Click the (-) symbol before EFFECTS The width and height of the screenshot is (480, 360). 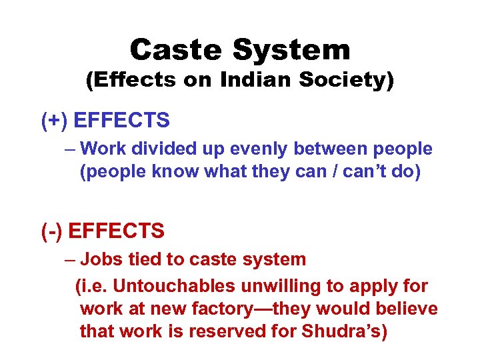pos(52,231)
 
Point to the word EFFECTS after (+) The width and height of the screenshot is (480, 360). pos(121,121)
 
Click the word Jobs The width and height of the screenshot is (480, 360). pos(101,259)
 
